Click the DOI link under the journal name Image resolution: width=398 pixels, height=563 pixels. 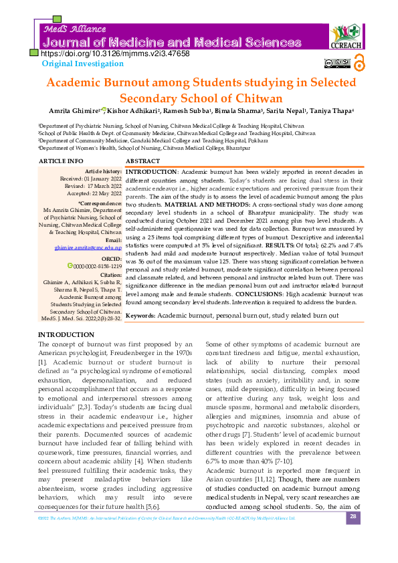[x=115, y=53]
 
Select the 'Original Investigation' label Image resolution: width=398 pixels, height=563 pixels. [x=78, y=64]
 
